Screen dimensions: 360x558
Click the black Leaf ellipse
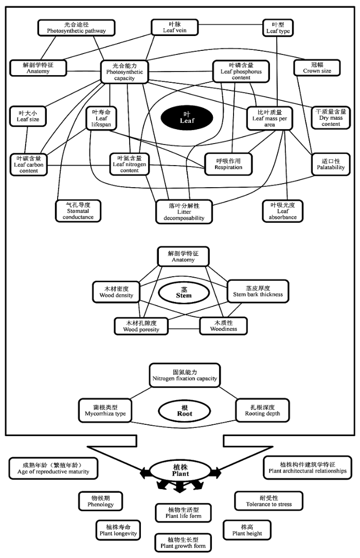(x=187, y=118)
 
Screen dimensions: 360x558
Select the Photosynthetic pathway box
(x=77, y=28)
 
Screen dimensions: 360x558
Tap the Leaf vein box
(x=174, y=27)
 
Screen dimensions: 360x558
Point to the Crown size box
(x=317, y=67)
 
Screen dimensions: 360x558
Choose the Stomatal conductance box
(x=78, y=211)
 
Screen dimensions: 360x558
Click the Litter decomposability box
(x=184, y=212)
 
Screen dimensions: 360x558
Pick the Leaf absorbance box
(x=282, y=211)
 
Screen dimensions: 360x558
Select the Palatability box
(x=331, y=164)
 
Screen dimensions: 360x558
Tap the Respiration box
(x=228, y=164)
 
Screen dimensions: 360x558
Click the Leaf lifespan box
(x=101, y=118)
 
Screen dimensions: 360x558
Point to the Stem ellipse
(x=184, y=293)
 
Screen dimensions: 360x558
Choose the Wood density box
(x=116, y=292)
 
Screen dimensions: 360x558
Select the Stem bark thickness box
(x=258, y=291)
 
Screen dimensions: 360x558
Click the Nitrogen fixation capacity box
(x=185, y=375)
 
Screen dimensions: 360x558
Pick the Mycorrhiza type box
(x=105, y=410)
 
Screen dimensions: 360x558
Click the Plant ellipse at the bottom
(x=181, y=470)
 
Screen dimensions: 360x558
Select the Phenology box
(x=100, y=501)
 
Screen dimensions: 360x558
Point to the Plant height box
(x=247, y=530)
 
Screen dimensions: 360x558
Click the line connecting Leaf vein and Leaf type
(x=230, y=25)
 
